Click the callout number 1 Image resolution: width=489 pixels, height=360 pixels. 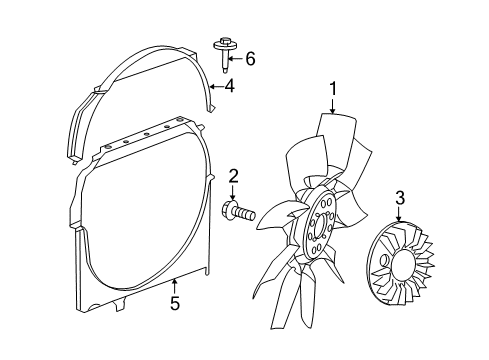(x=332, y=91)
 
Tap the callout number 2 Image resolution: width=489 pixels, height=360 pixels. (x=233, y=177)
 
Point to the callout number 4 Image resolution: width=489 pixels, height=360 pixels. (x=229, y=86)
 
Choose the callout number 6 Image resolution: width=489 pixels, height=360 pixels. (x=250, y=60)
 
